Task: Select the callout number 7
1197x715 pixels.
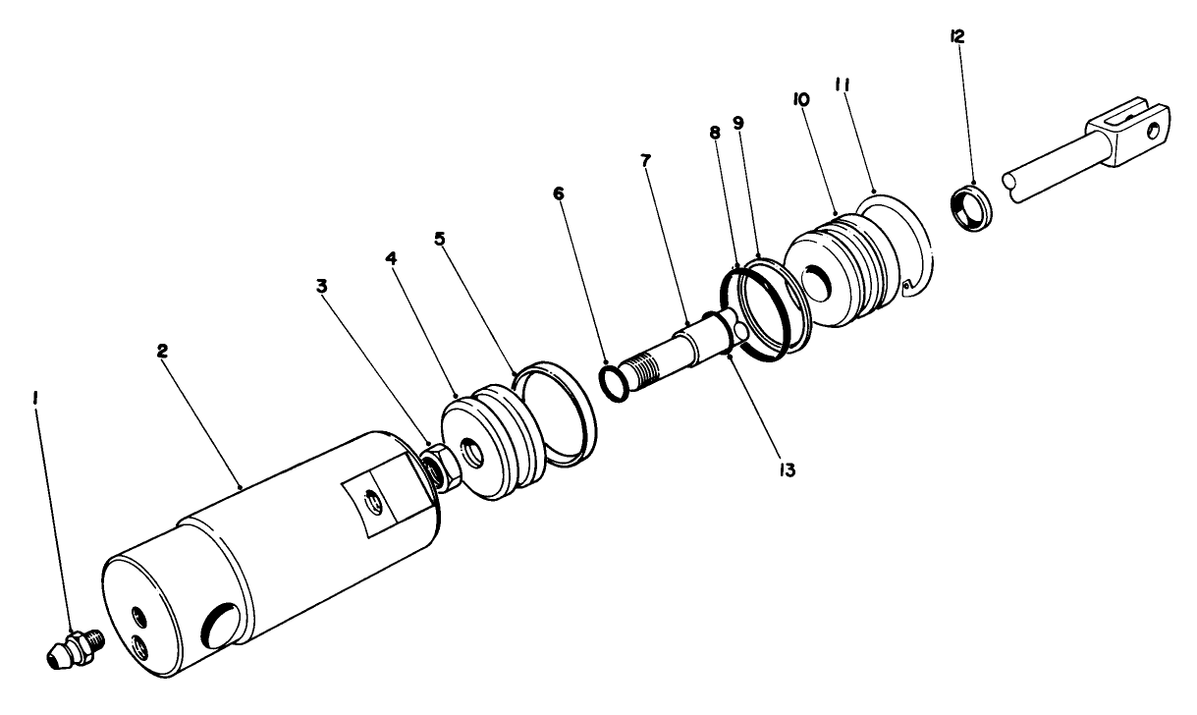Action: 645,160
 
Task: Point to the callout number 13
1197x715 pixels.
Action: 783,469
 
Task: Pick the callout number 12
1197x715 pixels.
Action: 957,37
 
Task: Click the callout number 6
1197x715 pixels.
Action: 559,192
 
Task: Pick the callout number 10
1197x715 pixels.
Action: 800,100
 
